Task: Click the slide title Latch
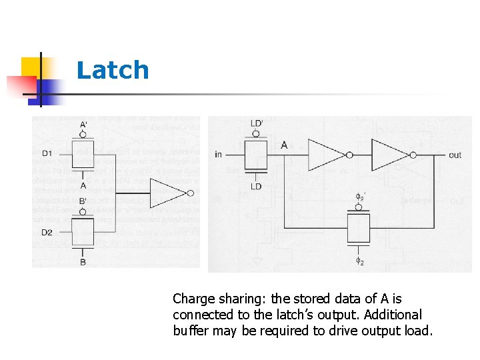point(113,70)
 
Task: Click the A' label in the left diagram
point(83,125)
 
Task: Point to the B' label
point(83,201)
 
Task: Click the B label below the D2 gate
point(83,263)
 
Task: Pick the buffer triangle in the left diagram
point(167,193)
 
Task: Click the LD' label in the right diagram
point(257,124)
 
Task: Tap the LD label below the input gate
point(257,187)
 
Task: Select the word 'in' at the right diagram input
point(218,155)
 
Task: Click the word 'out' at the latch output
point(455,155)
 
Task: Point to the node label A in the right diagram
point(285,145)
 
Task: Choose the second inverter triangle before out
point(390,155)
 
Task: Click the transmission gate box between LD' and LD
point(257,155)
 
